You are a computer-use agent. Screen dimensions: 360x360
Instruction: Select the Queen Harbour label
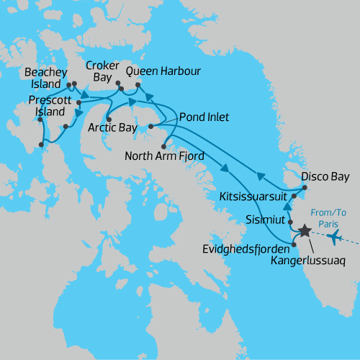(163, 71)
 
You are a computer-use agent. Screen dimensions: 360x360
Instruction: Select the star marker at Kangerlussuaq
(305, 231)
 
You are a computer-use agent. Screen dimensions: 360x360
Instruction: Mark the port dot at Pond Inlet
(151, 127)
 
